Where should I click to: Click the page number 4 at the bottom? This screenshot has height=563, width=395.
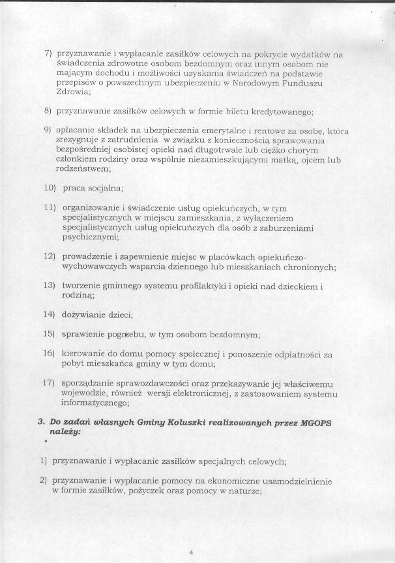tap(191, 553)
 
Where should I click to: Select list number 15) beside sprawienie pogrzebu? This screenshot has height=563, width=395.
tap(48, 334)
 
